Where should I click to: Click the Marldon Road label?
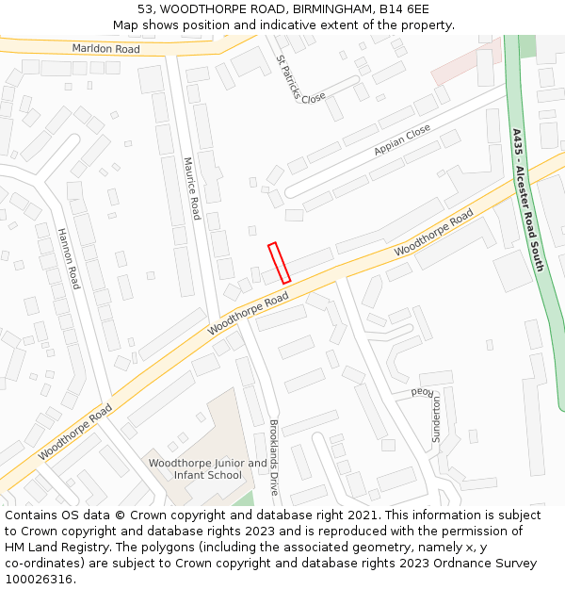[106, 48]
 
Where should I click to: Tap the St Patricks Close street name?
[300, 78]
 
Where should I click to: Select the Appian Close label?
[402, 139]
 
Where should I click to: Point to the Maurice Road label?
[191, 188]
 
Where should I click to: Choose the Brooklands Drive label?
[274, 458]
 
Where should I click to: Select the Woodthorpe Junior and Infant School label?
[207, 469]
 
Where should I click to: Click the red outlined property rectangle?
[279, 263]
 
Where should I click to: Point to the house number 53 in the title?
[145, 8]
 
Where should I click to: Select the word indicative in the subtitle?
[283, 25]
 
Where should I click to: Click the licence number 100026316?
[39, 580]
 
